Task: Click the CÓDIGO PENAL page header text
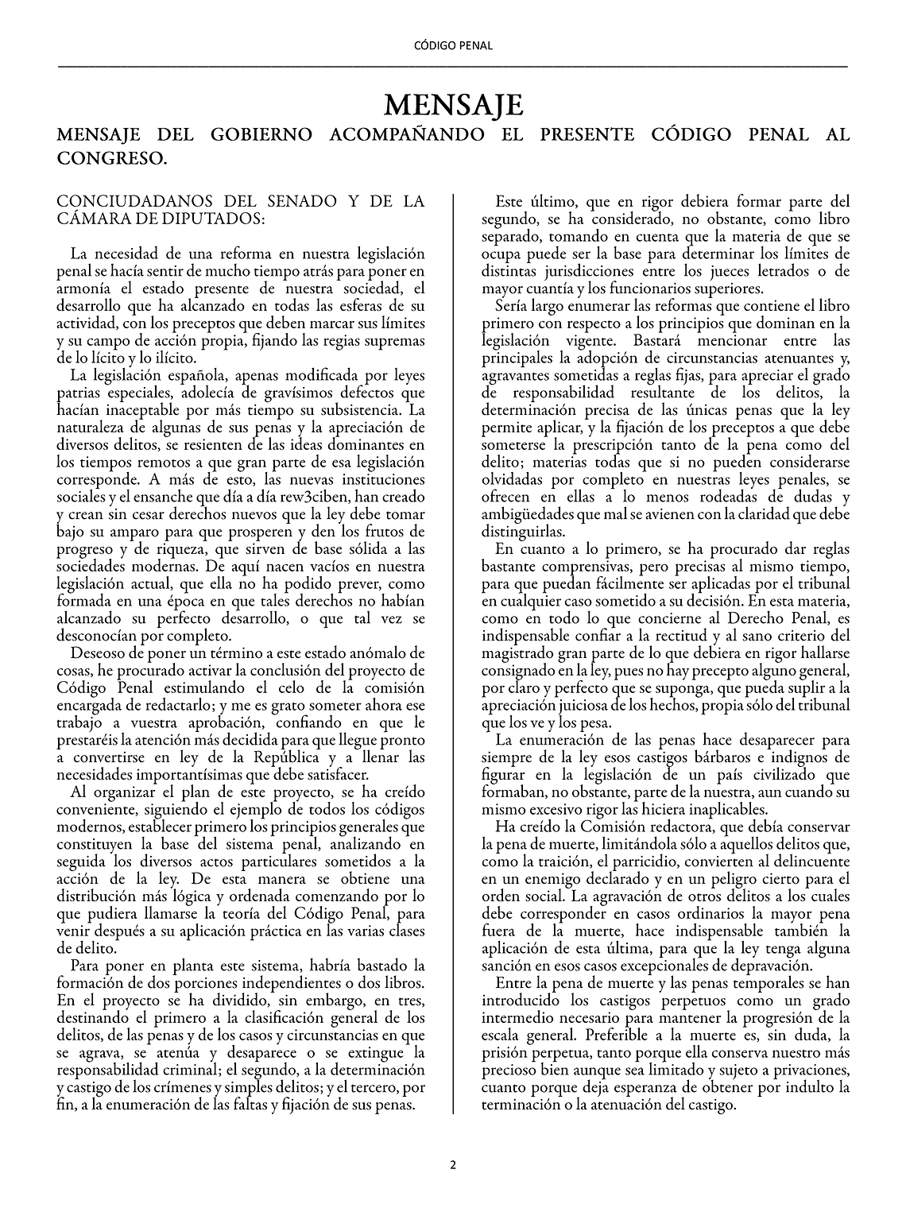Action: pyautogui.click(x=453, y=45)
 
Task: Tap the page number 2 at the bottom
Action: pyautogui.click(x=453, y=1165)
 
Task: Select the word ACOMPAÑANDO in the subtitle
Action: pyautogui.click(x=405, y=134)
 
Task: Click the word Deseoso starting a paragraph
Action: pyautogui.click(x=96, y=653)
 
